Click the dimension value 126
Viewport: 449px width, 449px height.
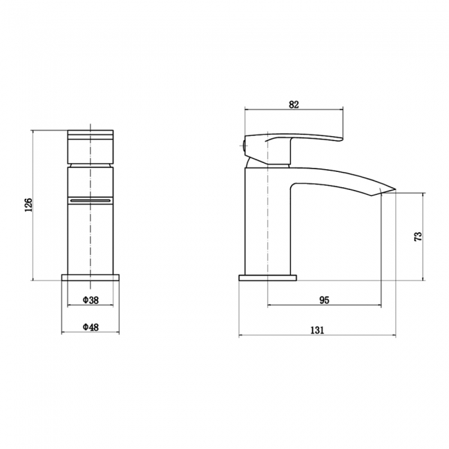tap(28, 205)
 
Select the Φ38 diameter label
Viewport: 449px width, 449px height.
tap(90, 300)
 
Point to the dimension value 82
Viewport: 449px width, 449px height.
tap(294, 104)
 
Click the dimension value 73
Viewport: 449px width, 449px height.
tap(417, 236)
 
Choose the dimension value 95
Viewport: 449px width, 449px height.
tap(323, 300)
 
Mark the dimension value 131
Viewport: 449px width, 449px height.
tap(317, 330)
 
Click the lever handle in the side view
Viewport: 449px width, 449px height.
tap(304, 138)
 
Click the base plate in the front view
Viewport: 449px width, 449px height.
tap(90, 278)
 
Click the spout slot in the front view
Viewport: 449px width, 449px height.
tap(90, 199)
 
